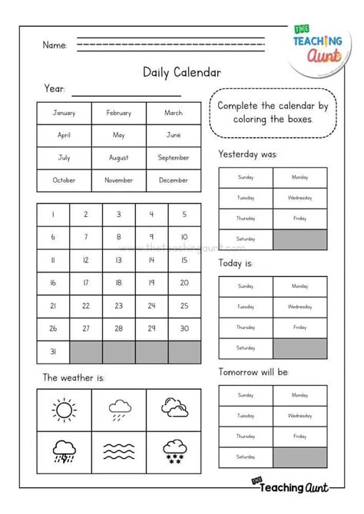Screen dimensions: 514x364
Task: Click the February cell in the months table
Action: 118,113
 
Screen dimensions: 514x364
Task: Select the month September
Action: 173,157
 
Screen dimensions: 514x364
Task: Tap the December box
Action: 173,180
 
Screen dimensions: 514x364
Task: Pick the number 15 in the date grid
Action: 184,260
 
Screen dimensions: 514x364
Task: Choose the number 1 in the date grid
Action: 52,215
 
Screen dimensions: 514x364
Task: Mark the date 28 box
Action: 118,328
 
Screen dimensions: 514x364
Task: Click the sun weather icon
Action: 64,409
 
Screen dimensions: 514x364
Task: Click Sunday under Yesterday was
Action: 245,177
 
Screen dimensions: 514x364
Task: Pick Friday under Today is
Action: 300,327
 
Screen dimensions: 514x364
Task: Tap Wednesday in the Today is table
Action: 300,306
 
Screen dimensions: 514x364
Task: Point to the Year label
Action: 54,90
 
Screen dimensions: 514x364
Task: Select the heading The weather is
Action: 73,377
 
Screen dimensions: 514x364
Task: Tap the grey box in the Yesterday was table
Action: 300,239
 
